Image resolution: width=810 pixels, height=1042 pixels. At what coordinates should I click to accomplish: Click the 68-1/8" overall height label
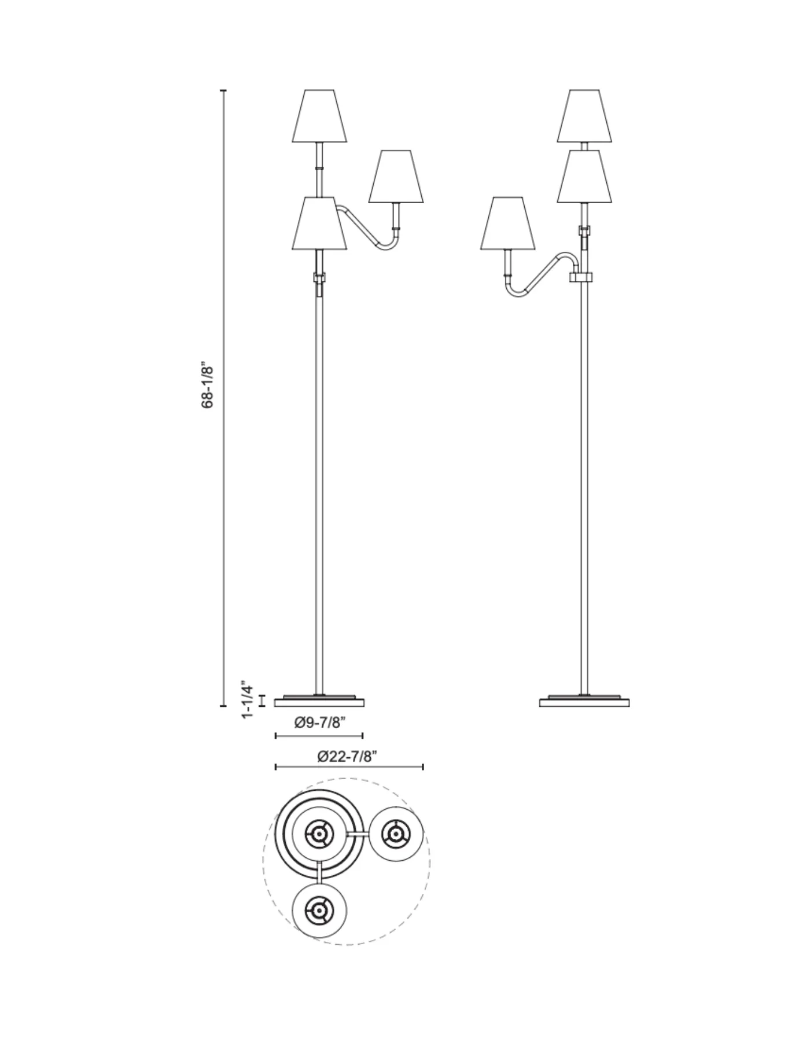pos(208,387)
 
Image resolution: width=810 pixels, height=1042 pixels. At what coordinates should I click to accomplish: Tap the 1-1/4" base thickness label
pos(248,699)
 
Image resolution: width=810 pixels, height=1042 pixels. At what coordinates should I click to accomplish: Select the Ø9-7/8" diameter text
pos(319,722)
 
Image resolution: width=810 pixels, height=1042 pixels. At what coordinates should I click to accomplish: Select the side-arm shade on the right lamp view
pos(507,224)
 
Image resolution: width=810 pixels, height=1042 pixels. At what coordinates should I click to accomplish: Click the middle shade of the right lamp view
pos(585,177)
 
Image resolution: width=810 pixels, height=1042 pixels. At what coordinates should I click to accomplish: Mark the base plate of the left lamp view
pos(319,702)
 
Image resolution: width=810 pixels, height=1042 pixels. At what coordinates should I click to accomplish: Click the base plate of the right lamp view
pos(584,702)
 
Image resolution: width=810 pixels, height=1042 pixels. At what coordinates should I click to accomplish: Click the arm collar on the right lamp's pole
pos(581,277)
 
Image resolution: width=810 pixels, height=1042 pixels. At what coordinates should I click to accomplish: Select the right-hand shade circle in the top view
pos(396,834)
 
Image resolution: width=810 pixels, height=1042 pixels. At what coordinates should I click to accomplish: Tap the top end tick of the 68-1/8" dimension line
pos(223,91)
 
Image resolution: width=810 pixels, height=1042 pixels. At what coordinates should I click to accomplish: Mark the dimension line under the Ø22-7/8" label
pos(349,767)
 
